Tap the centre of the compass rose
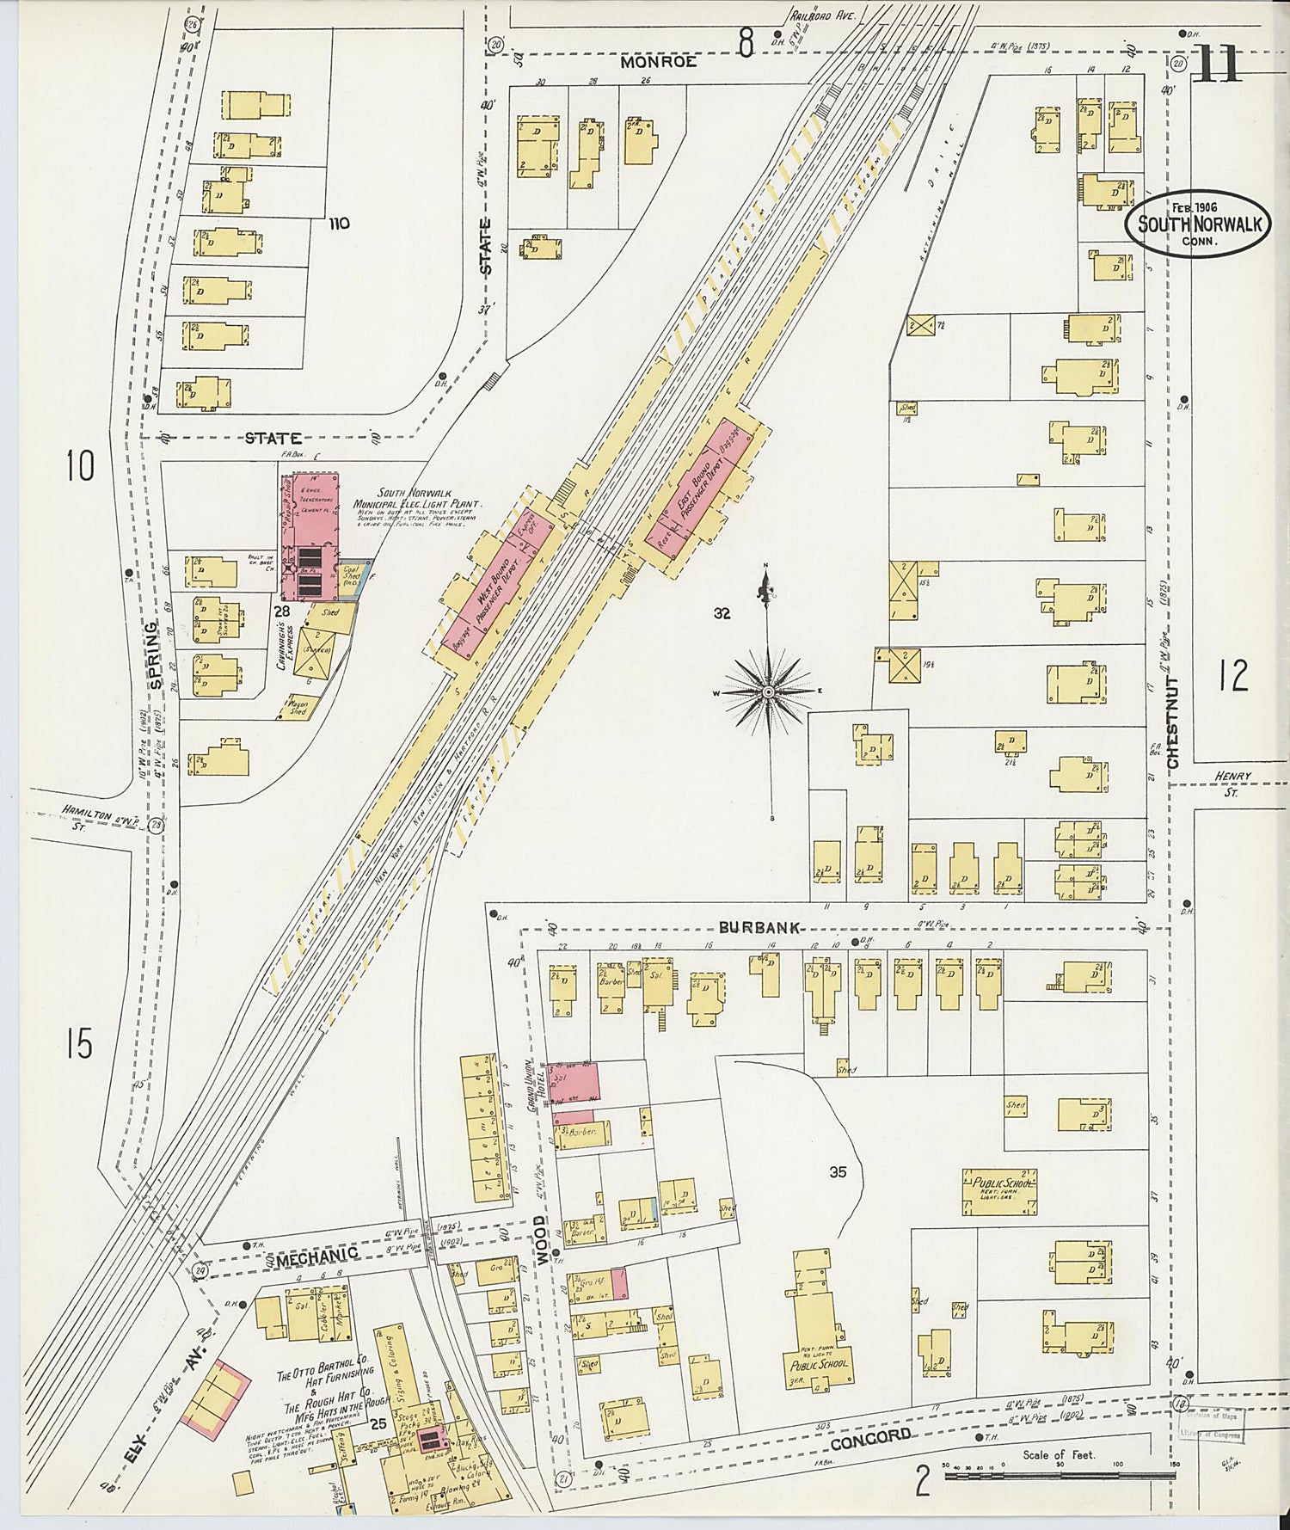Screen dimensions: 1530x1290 click(768, 691)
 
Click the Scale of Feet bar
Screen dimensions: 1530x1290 click(1060, 1476)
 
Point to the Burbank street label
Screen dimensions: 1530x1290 click(761, 928)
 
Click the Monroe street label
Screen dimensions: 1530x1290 click(658, 62)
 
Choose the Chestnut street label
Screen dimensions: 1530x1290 click(1174, 721)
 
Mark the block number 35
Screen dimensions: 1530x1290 click(838, 1171)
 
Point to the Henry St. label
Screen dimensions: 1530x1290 click(1232, 781)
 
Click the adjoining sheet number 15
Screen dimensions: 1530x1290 click(78, 1045)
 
